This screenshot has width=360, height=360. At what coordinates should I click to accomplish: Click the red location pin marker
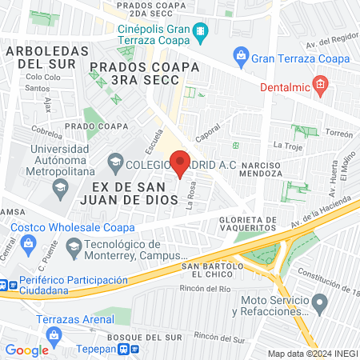tap(181, 162)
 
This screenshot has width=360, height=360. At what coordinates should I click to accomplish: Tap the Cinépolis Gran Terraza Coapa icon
tap(200, 34)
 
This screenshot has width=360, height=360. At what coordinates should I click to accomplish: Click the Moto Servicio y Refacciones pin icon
tap(319, 303)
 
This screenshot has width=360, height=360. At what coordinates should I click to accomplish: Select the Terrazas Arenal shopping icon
tap(54, 334)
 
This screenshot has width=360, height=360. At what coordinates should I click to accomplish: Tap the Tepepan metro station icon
tap(125, 349)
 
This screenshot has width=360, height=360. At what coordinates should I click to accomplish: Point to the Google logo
tap(27, 350)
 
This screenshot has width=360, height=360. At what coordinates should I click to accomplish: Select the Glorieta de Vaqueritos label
tap(248, 225)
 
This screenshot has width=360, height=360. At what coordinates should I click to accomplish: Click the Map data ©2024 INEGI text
tap(312, 353)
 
